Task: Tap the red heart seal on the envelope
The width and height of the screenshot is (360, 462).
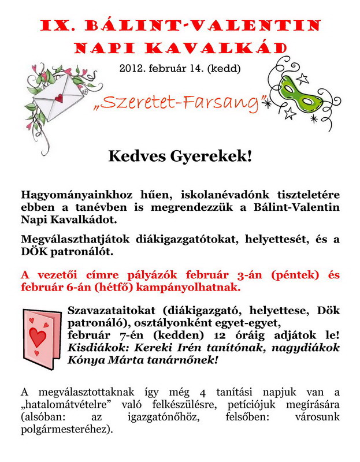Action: [57, 98]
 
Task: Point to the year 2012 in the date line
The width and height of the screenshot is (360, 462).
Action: [133, 68]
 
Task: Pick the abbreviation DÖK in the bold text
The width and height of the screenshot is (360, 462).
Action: [34, 252]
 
